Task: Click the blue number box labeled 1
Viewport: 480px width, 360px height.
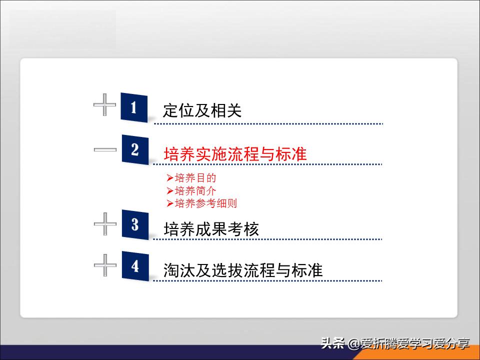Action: tap(134, 107)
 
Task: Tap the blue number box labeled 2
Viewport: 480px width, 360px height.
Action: tap(135, 149)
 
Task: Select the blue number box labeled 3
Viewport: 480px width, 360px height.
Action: tap(135, 224)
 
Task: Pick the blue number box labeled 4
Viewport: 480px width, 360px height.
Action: tap(135, 266)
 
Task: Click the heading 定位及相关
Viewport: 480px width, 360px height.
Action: tap(202, 110)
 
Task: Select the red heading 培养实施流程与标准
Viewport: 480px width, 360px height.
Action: tap(235, 153)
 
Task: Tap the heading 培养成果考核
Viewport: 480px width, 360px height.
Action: tap(211, 229)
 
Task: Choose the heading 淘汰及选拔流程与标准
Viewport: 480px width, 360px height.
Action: tap(243, 270)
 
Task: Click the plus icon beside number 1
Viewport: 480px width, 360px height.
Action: tap(105, 104)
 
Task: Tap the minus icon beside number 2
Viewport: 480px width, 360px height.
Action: tap(105, 149)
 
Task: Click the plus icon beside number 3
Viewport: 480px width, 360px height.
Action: tap(105, 224)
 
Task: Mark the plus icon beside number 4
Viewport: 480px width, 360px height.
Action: tap(105, 265)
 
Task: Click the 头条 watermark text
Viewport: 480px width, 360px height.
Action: tap(333, 344)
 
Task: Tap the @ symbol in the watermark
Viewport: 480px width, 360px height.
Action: tap(354, 344)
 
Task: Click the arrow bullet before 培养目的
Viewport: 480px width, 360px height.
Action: tap(170, 177)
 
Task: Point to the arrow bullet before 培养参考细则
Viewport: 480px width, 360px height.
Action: tap(170, 203)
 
